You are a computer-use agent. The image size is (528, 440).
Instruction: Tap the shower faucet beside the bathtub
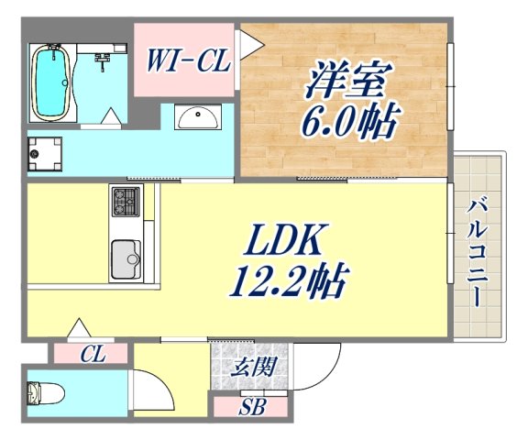tap(104, 61)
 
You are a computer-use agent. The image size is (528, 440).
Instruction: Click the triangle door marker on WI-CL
tap(246, 42)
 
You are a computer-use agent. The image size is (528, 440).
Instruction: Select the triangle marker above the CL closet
tap(79, 327)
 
